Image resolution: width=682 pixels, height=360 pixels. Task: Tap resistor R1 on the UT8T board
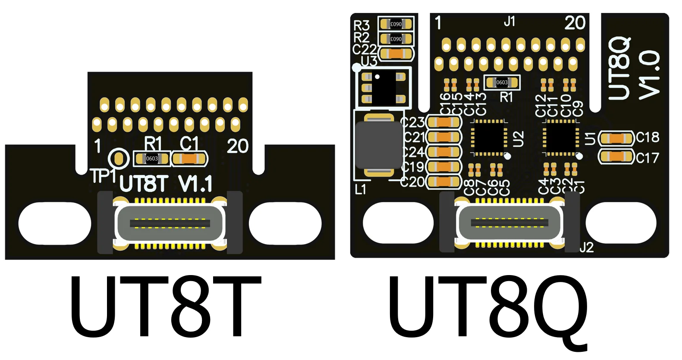151,159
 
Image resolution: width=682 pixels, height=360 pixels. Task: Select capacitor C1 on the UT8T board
189,159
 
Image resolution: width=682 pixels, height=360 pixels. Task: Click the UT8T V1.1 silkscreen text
166,184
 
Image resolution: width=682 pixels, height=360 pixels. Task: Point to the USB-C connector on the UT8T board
170,223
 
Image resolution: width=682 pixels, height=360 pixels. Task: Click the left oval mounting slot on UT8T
55,223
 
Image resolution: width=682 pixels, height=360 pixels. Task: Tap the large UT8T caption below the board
166,307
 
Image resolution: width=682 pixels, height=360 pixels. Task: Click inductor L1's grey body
379,145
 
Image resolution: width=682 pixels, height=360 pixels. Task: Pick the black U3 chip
383,88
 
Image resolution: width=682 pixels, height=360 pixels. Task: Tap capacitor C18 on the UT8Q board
617,138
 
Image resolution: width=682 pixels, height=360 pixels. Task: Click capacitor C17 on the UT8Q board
617,157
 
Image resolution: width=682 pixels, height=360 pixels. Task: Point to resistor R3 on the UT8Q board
396,24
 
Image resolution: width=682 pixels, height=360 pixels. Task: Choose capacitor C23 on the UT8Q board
443,122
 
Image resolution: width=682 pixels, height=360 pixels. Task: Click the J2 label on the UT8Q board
587,247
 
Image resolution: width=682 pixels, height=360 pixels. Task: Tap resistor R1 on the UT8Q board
502,82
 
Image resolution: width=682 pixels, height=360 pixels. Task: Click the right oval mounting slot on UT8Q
621,223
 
